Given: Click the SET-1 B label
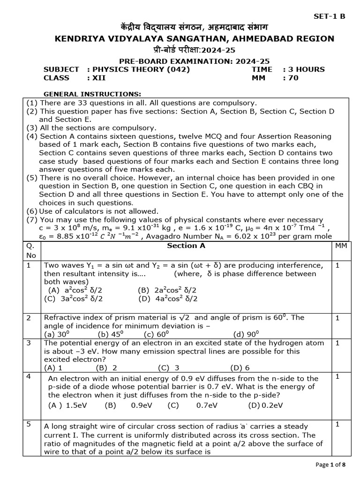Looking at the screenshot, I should (329, 16).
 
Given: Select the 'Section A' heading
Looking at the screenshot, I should (186, 246).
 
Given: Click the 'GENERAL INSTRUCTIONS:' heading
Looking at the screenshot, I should (92, 94).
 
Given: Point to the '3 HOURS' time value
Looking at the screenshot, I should (304, 69).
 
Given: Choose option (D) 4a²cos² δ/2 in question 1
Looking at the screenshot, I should (168, 299).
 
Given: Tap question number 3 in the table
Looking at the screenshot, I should (29, 343).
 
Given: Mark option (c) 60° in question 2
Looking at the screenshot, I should (156, 334).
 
